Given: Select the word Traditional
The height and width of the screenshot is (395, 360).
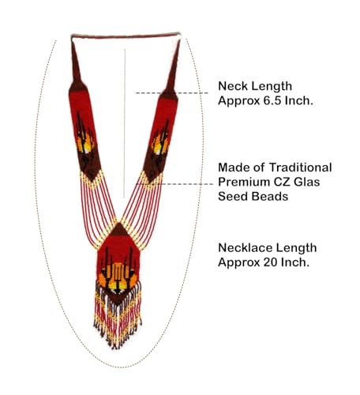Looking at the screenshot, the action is coord(300,167).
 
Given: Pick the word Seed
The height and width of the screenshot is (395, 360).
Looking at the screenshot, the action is coord(230,197).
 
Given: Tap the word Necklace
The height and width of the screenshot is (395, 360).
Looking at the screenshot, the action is coord(243,248).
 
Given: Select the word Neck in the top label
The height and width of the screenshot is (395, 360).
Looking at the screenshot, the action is coord(231,86).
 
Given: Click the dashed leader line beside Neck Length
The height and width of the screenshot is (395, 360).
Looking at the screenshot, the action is coord(172,93).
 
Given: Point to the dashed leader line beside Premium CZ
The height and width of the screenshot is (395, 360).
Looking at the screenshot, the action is coord(175,184).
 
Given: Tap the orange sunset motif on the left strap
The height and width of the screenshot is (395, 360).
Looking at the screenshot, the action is coord(84,145).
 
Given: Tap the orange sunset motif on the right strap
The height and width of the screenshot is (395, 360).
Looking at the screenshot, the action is coord(159,145).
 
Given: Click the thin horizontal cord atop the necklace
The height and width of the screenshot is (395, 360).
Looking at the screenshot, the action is coord(126,36).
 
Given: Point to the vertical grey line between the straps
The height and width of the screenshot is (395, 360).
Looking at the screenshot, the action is coord(125,123).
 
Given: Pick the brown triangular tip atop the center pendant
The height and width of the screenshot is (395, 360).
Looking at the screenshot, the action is coord(119,229).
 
